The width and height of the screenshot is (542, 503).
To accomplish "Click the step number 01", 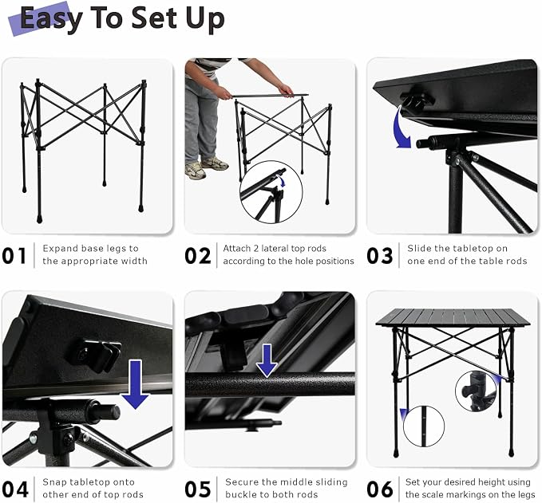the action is (14, 256).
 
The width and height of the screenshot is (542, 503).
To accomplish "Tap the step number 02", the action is (198, 256).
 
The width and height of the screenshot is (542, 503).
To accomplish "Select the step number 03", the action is (379, 256).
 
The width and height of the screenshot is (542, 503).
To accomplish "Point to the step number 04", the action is (15, 489).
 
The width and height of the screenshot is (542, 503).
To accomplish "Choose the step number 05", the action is (198, 489).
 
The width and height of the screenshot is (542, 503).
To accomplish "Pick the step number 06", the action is (380, 489).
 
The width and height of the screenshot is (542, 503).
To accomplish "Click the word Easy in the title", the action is (51, 19).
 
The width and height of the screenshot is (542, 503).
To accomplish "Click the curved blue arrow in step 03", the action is (401, 128).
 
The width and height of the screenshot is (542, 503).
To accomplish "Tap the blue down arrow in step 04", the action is (135, 384).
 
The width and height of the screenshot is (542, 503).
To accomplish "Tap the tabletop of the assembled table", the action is (453, 317).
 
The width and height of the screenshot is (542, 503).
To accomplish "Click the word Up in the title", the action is (205, 19).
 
